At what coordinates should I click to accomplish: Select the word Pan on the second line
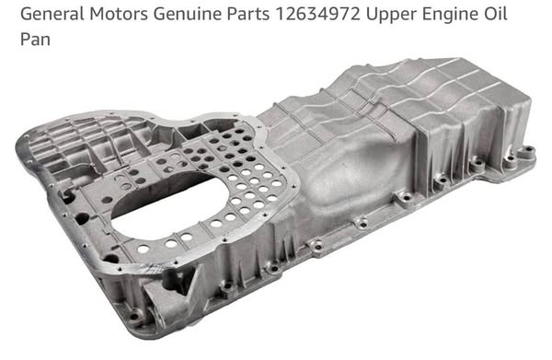[x=36, y=41]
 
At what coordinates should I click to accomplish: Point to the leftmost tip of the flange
[x=20, y=147]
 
